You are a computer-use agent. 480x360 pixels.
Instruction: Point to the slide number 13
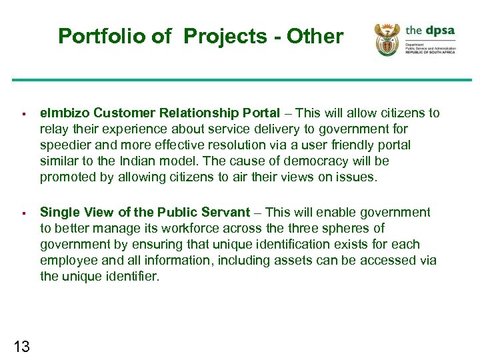click(x=21, y=345)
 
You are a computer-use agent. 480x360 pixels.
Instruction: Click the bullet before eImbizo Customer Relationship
click(x=23, y=114)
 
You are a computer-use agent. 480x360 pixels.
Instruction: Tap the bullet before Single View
click(x=23, y=213)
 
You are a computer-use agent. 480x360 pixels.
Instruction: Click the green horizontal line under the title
click(x=240, y=81)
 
